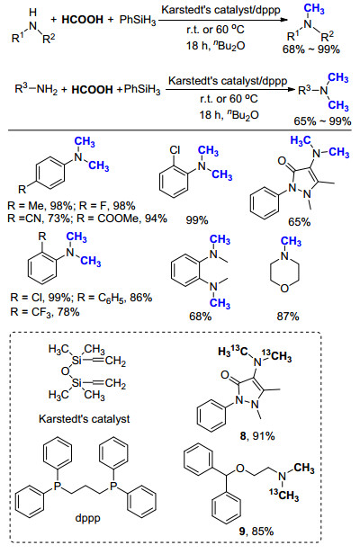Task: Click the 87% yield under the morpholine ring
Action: click(x=288, y=317)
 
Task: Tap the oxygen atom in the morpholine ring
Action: click(x=284, y=289)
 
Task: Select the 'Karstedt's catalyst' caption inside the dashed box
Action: click(x=85, y=419)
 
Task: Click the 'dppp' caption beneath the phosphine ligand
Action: click(x=87, y=518)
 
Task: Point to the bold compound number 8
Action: click(x=243, y=435)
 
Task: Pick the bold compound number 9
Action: click(x=242, y=531)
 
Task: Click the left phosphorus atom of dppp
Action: click(x=58, y=487)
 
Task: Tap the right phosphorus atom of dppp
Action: click(x=113, y=487)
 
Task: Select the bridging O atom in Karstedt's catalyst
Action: click(x=65, y=371)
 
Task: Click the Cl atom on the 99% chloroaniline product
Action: click(x=175, y=150)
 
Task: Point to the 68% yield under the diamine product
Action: click(x=200, y=317)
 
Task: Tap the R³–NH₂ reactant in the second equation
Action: click(x=36, y=89)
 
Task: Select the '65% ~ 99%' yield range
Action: click(x=322, y=121)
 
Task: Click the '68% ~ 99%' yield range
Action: click(x=311, y=49)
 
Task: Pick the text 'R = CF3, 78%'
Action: click(x=45, y=312)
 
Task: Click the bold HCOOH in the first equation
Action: click(x=83, y=20)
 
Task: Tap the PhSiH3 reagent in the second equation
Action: click(x=142, y=89)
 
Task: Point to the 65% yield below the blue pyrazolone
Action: click(x=299, y=222)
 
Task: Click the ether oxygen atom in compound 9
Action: click(x=240, y=469)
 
